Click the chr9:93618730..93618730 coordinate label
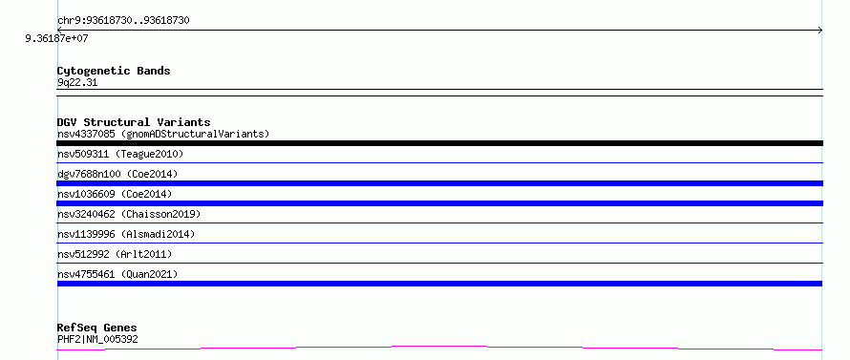(123, 21)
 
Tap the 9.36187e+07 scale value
(57, 38)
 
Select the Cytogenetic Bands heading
(114, 71)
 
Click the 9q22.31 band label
(77, 83)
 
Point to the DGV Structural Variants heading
(134, 122)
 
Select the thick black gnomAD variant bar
(439, 143)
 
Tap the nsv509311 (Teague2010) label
(120, 154)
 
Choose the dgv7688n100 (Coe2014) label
(117, 174)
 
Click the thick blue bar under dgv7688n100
(439, 183)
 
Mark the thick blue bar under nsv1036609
(439, 203)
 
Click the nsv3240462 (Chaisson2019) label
(129, 214)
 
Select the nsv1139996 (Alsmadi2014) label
(126, 234)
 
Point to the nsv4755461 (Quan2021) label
(117, 274)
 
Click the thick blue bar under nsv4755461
(439, 284)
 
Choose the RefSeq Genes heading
(97, 328)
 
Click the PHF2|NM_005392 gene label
(97, 339)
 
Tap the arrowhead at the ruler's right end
(820, 31)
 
